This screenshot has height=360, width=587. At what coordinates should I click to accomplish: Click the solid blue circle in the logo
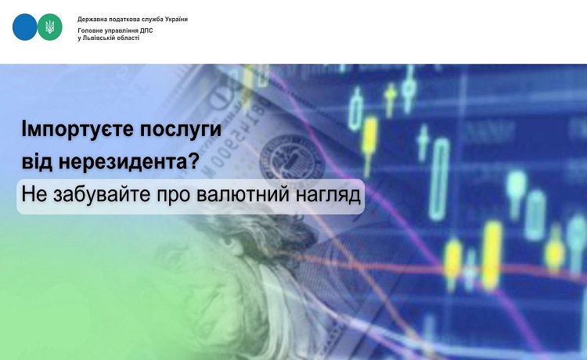coord(25,27)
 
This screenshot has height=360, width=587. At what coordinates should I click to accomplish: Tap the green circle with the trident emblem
coord(50,27)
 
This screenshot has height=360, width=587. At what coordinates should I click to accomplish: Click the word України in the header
coord(176,19)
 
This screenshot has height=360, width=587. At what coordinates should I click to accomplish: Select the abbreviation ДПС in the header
coord(146,31)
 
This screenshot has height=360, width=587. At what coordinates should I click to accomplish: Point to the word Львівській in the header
coord(96,38)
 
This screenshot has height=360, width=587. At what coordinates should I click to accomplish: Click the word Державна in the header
coord(90,20)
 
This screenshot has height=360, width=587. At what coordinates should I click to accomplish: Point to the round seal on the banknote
coord(291,158)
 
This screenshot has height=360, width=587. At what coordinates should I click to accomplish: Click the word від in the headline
coord(37,161)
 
